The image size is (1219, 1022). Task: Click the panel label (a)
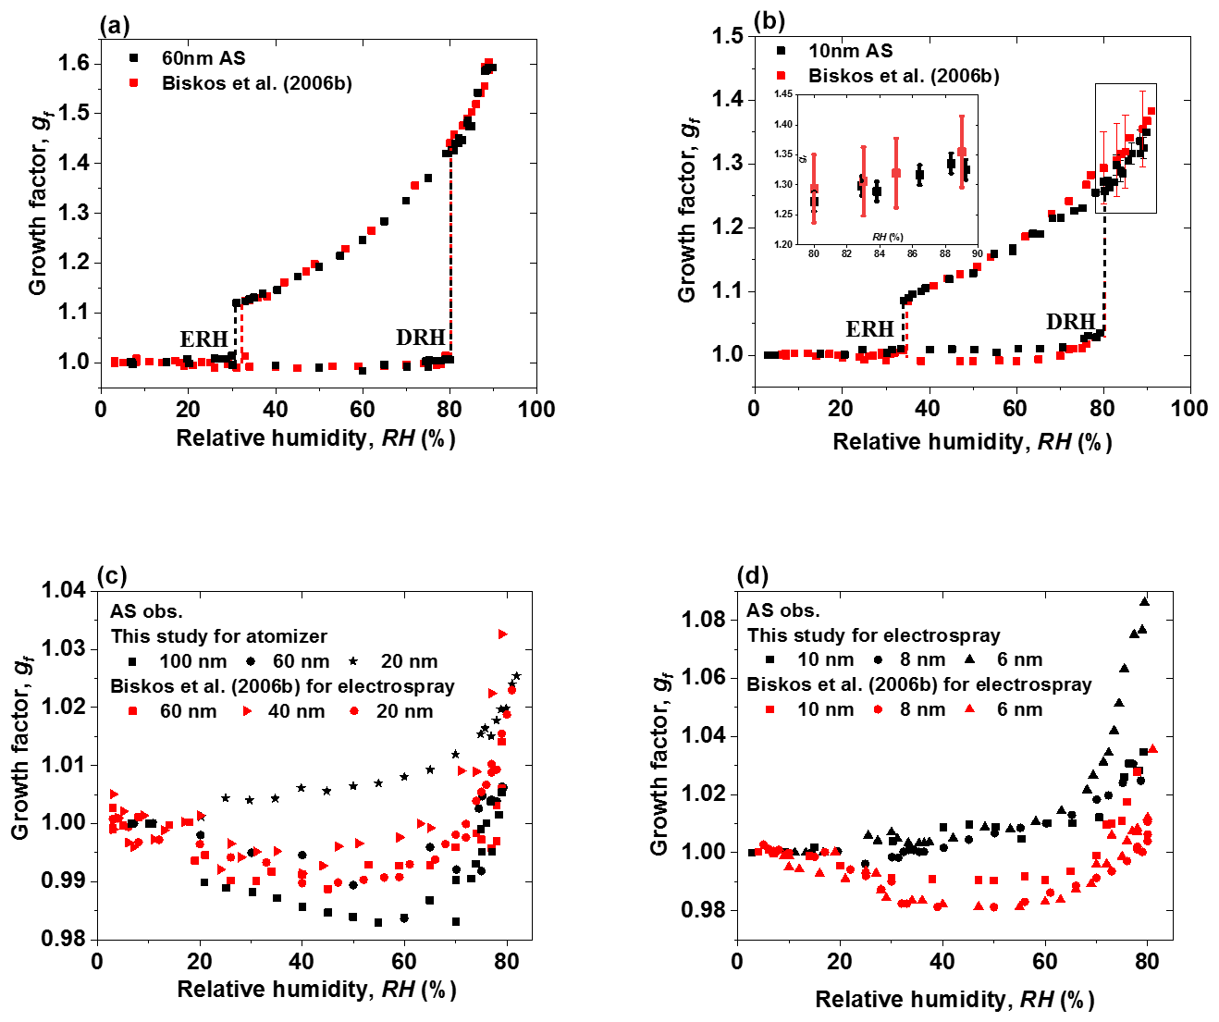pos(115,27)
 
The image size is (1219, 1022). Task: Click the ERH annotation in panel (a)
pos(203,339)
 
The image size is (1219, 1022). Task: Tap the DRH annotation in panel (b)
pos(1070,322)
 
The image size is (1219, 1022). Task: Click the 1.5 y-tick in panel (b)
pos(727,36)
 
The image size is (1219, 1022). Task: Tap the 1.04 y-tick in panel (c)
pos(63,590)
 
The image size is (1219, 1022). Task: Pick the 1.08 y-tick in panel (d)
pos(703,619)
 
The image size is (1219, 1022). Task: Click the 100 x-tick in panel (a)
pos(536,410)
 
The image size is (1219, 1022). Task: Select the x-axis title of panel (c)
pos(316,990)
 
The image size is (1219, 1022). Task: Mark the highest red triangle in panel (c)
pos(503,634)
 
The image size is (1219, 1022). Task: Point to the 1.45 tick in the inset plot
pos(783,93)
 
